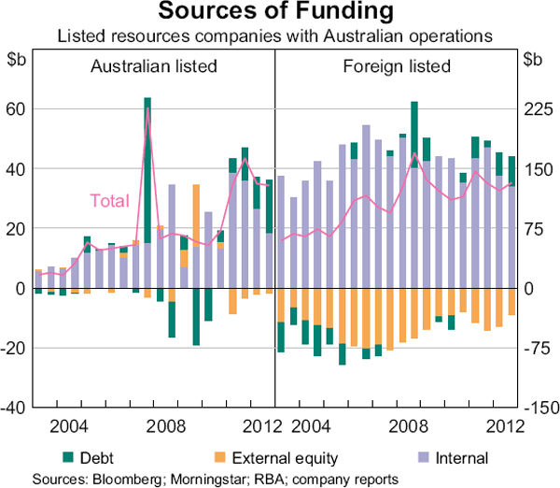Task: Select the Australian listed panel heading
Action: [153, 67]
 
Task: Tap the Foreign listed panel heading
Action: [397, 67]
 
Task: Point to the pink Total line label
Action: [109, 200]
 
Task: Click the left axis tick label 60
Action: [18, 109]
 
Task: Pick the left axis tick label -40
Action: [15, 409]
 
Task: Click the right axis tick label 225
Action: [539, 109]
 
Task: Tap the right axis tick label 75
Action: [537, 229]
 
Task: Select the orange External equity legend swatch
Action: [219, 458]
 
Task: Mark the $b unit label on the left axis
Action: [18, 60]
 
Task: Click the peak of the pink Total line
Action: [147, 109]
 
